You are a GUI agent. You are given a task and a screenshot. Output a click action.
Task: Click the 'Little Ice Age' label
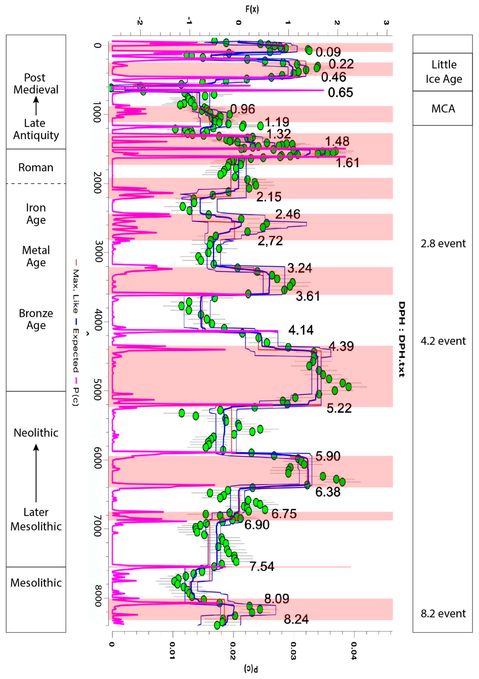pyautogui.click(x=444, y=72)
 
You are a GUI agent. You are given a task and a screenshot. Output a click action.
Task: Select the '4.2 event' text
pyautogui.click(x=443, y=341)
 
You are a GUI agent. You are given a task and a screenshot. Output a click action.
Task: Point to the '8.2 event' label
pyautogui.click(x=443, y=613)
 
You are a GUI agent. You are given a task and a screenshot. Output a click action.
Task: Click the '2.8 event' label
pyautogui.click(x=443, y=243)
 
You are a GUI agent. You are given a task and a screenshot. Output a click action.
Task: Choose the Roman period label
pyautogui.click(x=36, y=167)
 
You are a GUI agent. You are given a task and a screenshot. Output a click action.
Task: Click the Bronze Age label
pyautogui.click(x=36, y=319)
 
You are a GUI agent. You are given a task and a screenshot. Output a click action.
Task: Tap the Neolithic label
pyautogui.click(x=36, y=433)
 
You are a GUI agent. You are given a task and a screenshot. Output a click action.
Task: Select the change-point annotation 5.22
pyautogui.click(x=339, y=408)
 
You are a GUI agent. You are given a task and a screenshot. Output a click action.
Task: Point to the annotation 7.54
pyautogui.click(x=262, y=566)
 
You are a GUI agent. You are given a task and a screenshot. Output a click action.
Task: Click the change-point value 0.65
pyautogui.click(x=340, y=93)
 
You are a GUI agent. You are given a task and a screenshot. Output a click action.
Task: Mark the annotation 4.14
pyautogui.click(x=301, y=330)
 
